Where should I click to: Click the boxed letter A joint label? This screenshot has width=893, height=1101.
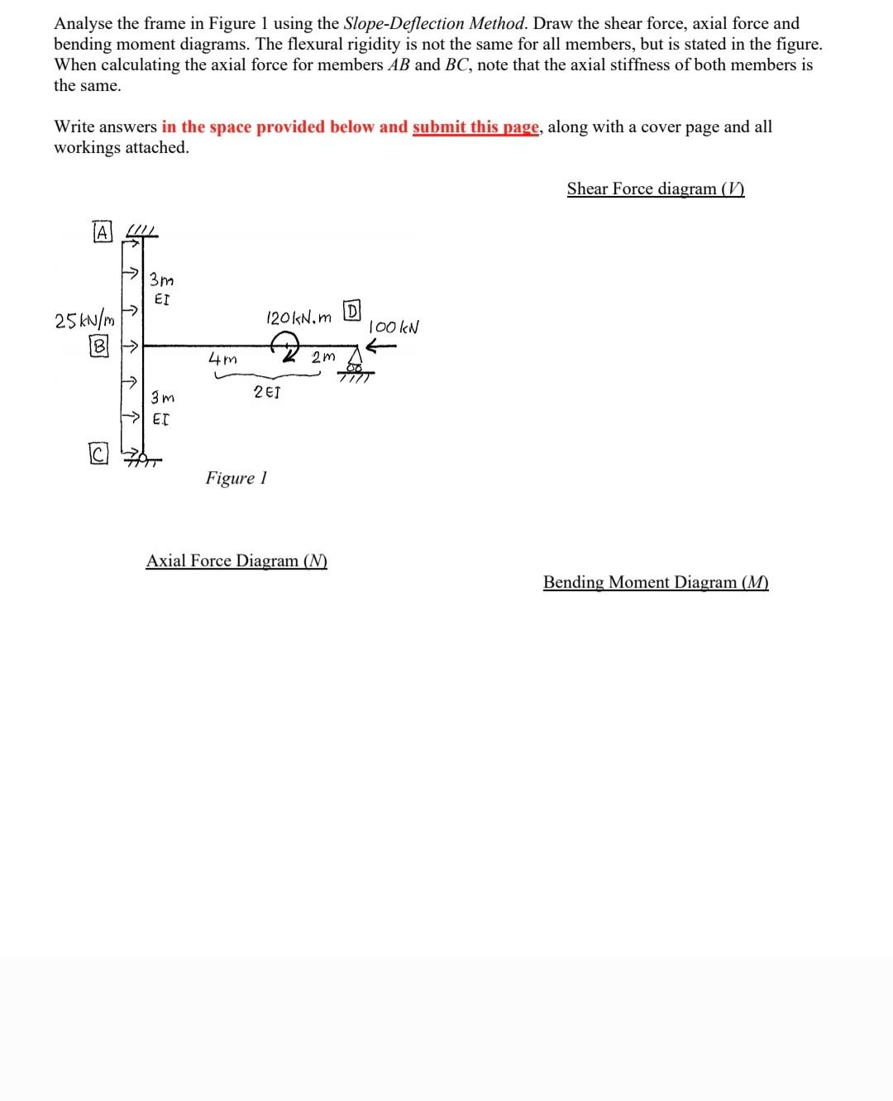[x=102, y=233]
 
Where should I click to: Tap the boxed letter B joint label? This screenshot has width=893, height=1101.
[x=99, y=347]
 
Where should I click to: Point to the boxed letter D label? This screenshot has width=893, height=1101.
[x=351, y=312]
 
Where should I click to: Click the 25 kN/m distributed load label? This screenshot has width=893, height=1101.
[x=84, y=320]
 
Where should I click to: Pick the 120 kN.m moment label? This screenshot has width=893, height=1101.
[x=298, y=317]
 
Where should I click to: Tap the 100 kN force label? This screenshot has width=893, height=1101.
[x=394, y=326]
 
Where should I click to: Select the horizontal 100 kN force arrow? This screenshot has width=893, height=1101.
[x=381, y=348]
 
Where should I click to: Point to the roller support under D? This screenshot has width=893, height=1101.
[x=356, y=368]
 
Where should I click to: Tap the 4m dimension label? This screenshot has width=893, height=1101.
[x=222, y=360]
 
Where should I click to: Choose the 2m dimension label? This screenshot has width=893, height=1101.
[x=323, y=357]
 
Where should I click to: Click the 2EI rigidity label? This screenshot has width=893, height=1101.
[x=266, y=392]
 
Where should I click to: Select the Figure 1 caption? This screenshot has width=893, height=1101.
[x=236, y=478]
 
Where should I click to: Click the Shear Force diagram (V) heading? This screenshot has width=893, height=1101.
[x=656, y=188]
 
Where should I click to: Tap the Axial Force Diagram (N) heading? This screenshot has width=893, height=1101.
[x=236, y=560]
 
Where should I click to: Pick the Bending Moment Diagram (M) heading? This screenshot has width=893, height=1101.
[x=656, y=582]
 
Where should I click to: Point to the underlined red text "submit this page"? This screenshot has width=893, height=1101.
[x=475, y=126]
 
